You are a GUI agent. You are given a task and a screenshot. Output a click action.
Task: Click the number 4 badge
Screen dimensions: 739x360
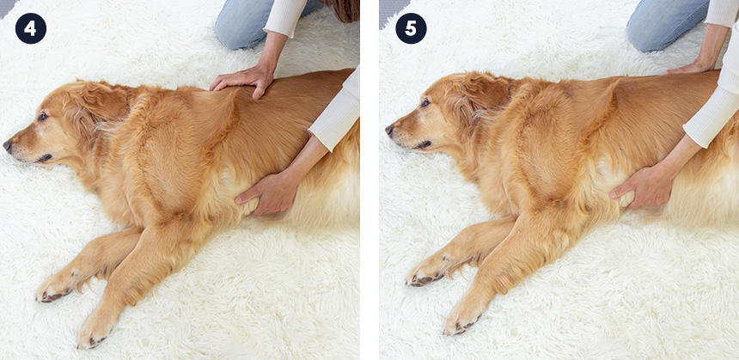coord(31,28)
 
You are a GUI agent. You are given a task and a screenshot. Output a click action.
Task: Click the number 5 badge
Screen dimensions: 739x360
coord(411,28)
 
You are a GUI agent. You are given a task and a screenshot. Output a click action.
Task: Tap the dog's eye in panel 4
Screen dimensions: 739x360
coord(42,117)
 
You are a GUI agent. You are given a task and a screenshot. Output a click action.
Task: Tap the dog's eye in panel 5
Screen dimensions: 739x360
coord(425,103)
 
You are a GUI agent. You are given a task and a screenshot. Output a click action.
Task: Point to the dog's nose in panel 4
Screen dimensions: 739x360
coord(8,145)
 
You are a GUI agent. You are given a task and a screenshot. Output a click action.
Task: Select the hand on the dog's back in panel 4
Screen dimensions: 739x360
coord(242,80)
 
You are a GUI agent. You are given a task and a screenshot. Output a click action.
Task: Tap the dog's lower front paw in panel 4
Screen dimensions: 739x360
coord(96,330)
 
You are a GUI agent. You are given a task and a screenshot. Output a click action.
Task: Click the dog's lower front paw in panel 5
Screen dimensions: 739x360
coord(463,319)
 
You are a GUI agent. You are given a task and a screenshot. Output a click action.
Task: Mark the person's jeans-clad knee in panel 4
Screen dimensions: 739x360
coord(241,28)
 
